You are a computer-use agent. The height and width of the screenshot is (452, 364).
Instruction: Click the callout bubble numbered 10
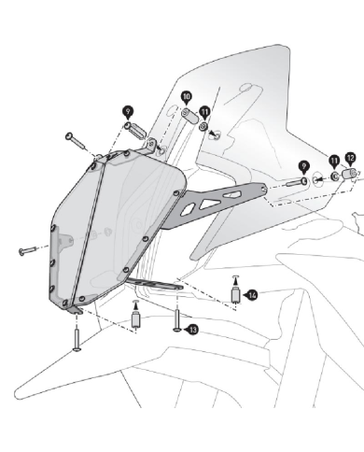(x=186, y=97)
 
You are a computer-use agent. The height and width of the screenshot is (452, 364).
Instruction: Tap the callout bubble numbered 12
(x=350, y=159)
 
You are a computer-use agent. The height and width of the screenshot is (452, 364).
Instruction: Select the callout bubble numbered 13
(x=192, y=330)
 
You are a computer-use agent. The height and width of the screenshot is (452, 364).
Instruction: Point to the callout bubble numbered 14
(x=251, y=294)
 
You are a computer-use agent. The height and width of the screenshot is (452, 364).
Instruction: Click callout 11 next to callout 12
(x=334, y=162)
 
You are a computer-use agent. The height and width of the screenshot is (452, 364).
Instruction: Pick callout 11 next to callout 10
(x=204, y=112)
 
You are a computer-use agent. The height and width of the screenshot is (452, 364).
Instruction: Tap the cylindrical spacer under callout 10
(x=189, y=116)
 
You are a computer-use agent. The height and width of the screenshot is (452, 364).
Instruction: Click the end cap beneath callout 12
(x=350, y=173)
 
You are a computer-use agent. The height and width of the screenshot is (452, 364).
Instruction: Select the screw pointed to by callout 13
(x=177, y=320)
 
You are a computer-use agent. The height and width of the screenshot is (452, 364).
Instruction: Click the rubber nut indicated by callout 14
(x=235, y=295)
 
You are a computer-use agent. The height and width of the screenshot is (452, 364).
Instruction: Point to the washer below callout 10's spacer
(x=203, y=126)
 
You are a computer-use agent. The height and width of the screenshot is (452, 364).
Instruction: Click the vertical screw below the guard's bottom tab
(x=77, y=341)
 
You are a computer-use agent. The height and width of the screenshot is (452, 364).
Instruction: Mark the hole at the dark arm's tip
(x=264, y=189)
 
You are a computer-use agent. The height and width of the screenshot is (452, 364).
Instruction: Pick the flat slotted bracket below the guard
(x=155, y=284)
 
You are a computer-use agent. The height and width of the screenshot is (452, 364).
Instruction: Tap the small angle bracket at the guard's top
(x=151, y=145)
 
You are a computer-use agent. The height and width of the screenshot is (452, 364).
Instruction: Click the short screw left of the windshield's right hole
(x=297, y=182)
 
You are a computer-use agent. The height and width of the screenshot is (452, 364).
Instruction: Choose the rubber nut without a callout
(x=135, y=319)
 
